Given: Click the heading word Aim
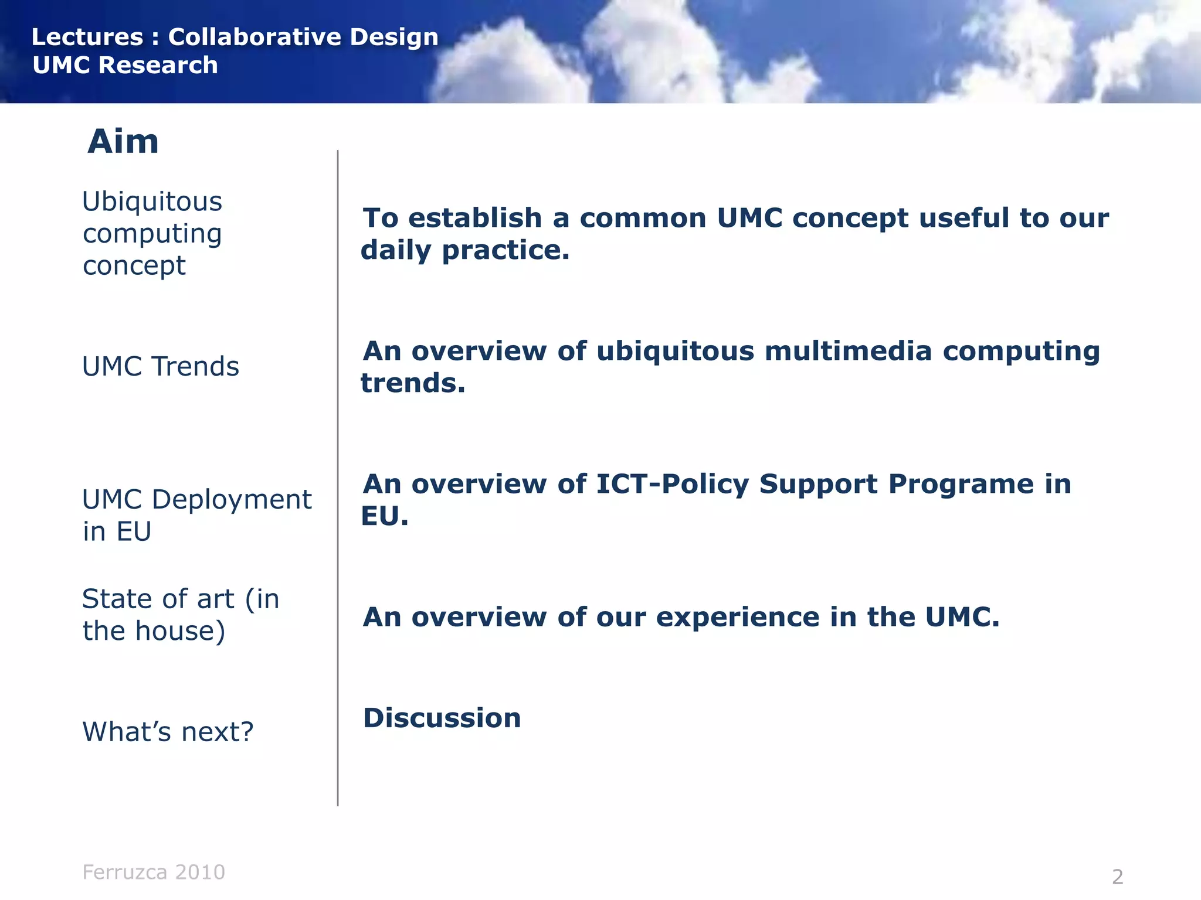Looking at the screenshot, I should point(123,142).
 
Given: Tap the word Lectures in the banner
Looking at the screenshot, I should point(87,37).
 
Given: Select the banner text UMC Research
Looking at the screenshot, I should point(125,65).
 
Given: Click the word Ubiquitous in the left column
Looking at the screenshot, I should point(152,202).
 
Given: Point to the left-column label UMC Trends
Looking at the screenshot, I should point(160,367).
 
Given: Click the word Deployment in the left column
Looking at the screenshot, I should point(232,500).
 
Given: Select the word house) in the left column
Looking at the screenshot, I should point(180,631).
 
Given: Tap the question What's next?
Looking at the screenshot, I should point(168,732).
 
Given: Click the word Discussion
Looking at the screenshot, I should point(442,718).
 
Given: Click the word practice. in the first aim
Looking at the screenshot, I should point(505,251).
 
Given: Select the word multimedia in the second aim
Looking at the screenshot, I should point(848,351).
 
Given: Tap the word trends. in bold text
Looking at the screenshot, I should point(413,383).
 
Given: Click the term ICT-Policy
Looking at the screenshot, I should point(672,484).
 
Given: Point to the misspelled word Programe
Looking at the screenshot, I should point(961,484).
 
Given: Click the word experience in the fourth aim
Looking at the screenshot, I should point(737,617).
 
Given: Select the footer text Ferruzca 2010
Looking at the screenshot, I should point(154,872).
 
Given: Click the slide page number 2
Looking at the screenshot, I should point(1117,877).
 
